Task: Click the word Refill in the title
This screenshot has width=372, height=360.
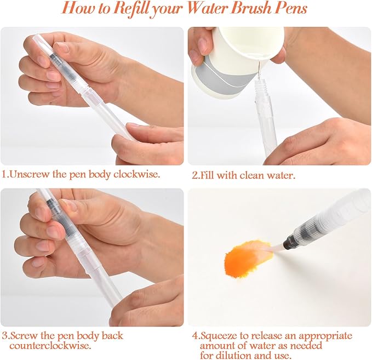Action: pos(132,9)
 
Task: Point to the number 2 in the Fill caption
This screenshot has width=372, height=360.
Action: pos(194,175)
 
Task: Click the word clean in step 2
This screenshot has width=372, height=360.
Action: pos(251,175)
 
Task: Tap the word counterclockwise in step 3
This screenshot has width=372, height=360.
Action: pos(50,345)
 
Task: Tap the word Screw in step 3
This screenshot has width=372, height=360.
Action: pos(23,336)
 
